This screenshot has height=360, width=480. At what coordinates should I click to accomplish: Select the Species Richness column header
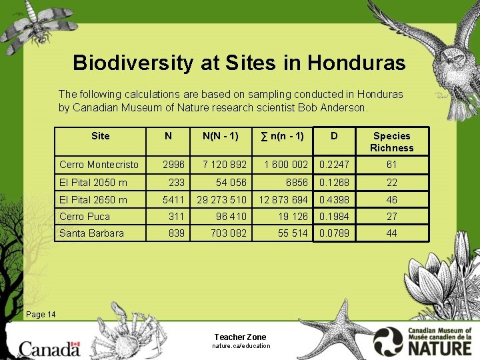coord(391,141)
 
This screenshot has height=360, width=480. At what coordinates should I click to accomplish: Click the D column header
coord(334,136)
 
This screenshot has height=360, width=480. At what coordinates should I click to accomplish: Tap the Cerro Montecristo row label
coord(99,165)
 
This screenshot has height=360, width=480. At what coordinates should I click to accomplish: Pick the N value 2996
coord(173,165)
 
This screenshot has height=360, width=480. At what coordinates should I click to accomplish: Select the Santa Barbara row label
coord(91,233)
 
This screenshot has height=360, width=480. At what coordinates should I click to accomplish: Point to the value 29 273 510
coord(221,199)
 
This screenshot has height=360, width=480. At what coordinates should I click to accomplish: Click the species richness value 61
coord(391,165)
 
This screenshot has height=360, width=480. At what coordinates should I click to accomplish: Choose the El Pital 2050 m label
coord(93,182)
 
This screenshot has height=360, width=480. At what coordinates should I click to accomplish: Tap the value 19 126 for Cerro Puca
coord(291,217)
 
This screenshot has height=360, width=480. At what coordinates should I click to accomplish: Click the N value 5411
coord(173,199)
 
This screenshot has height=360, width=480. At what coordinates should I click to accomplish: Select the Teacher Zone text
coord(240,337)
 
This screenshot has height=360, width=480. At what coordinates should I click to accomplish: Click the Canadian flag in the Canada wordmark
coord(75,346)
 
